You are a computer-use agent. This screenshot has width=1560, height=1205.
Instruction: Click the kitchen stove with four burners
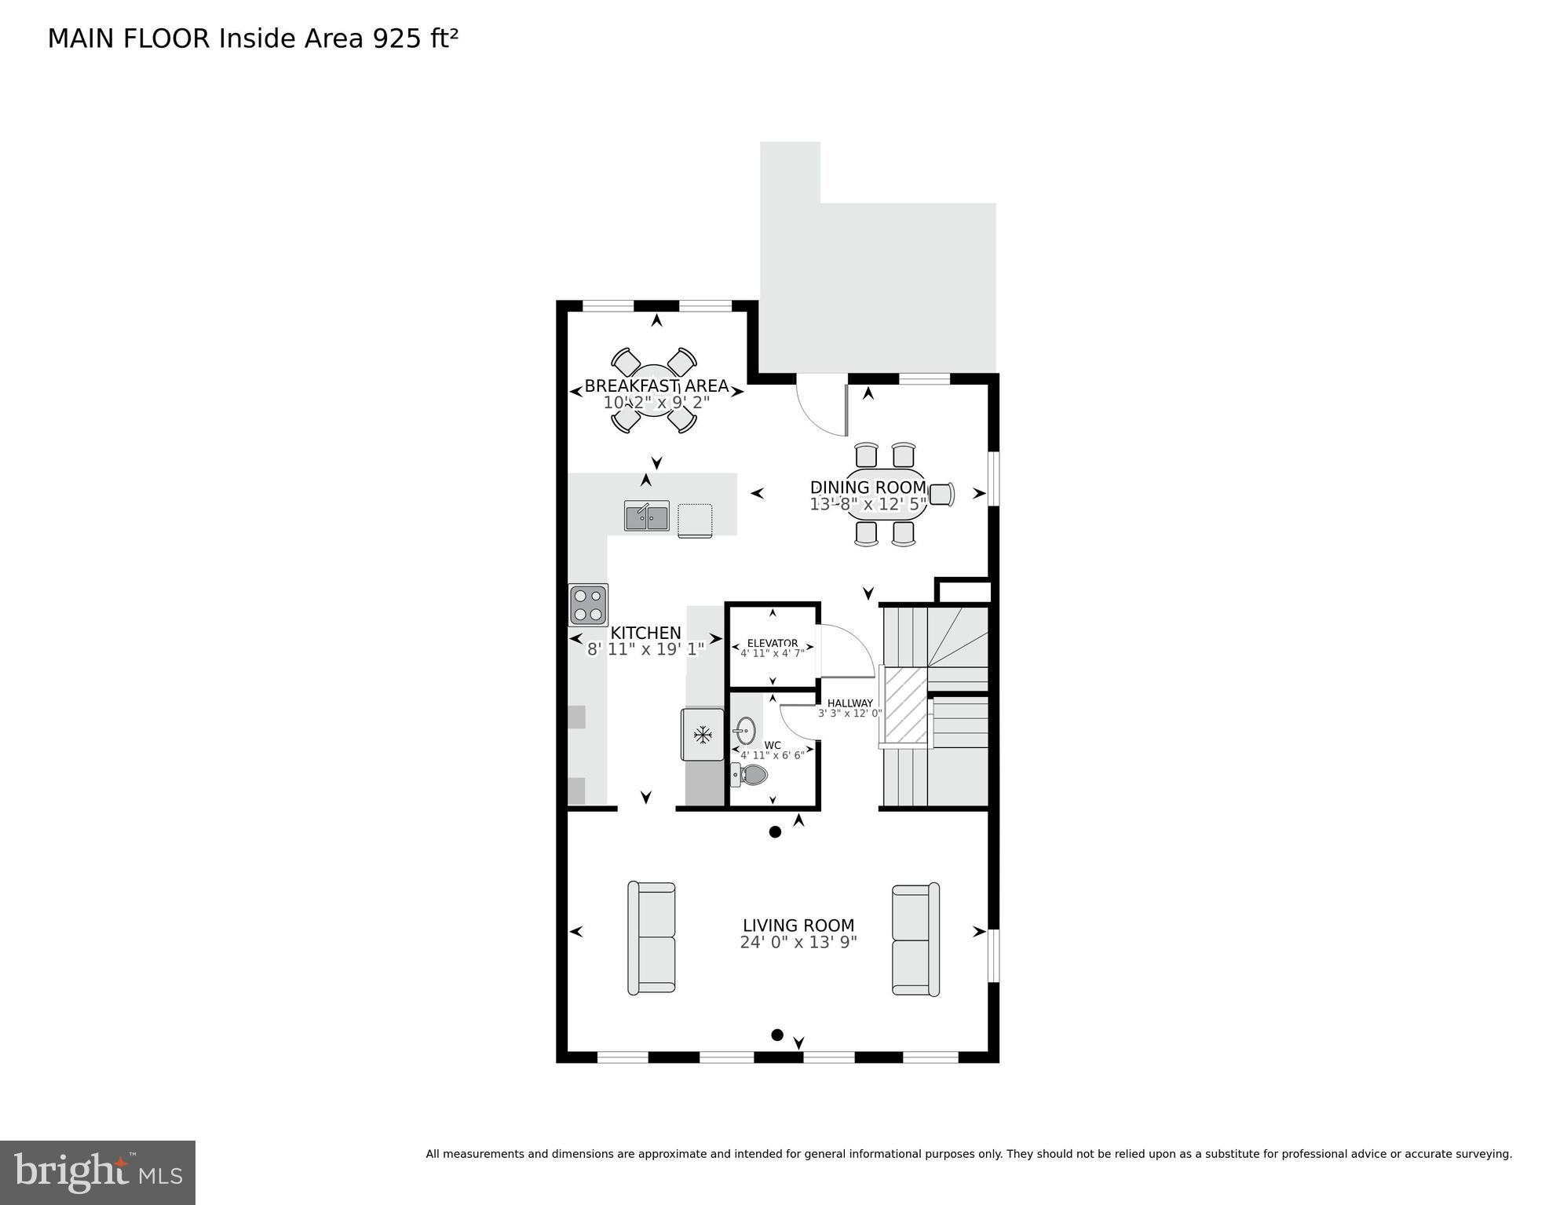point(588,604)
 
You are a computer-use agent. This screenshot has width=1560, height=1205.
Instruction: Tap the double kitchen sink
point(647,517)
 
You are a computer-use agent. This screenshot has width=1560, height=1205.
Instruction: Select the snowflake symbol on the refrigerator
point(702,735)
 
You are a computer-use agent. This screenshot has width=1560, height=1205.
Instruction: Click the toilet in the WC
point(751,776)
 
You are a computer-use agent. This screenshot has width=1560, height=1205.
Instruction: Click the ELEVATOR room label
point(773,643)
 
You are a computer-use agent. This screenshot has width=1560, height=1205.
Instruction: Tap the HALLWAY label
point(850,703)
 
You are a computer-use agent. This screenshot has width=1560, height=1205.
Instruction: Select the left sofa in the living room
point(652,938)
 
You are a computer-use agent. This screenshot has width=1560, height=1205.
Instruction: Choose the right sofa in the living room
point(915,940)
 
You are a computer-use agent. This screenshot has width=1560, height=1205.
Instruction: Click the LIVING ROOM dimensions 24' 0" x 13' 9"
point(798,943)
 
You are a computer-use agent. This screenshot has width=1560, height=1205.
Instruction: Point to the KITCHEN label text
point(645,633)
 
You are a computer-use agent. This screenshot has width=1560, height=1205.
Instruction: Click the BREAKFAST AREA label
point(656,386)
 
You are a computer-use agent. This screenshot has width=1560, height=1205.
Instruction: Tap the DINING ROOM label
point(868,487)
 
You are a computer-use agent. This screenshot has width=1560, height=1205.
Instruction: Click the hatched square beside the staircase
point(906,705)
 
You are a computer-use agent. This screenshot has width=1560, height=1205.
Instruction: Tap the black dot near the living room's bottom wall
point(777,1035)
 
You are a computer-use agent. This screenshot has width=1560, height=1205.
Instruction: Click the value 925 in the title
point(397,38)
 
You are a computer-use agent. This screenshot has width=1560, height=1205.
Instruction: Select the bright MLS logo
point(97,1172)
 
